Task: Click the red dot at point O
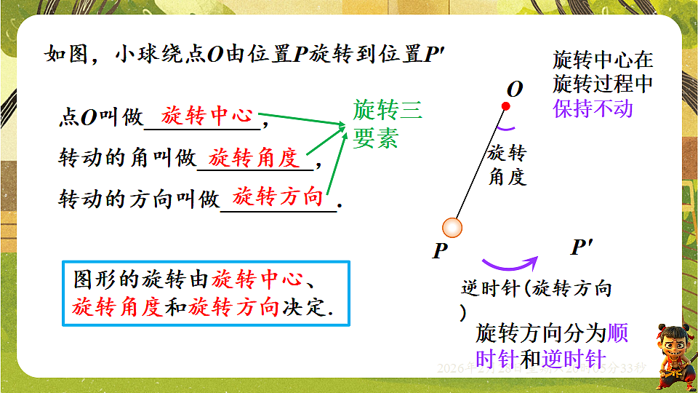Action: click(x=506, y=106)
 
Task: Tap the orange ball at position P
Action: click(x=452, y=229)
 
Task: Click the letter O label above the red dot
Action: click(x=515, y=90)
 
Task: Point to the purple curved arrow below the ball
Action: click(x=509, y=263)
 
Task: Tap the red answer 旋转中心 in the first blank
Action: click(x=206, y=116)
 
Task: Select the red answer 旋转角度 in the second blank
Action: click(x=254, y=157)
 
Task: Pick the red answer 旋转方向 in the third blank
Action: click(x=278, y=196)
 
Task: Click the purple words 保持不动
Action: click(x=593, y=108)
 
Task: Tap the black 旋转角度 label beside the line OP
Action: click(x=507, y=164)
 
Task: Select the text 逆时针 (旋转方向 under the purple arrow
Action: click(x=537, y=289)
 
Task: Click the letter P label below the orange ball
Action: click(x=439, y=252)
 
